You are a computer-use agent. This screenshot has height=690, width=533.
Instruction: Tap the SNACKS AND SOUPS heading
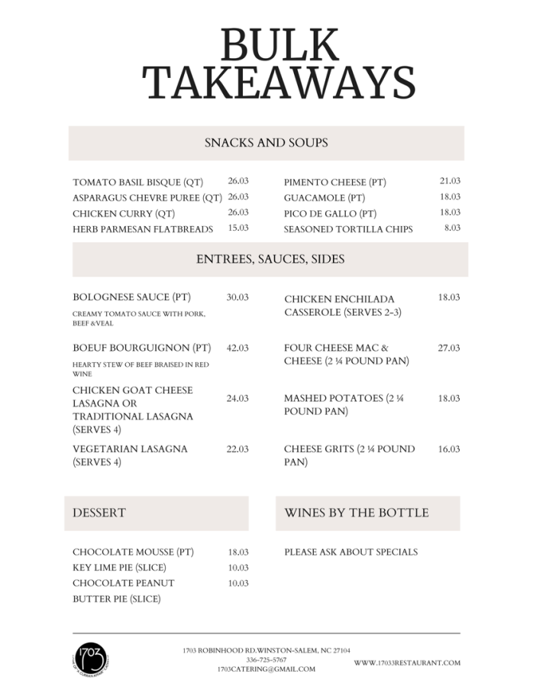(266, 143)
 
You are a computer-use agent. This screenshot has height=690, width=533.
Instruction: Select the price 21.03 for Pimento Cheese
(449, 181)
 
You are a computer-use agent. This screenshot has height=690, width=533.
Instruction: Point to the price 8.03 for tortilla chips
(452, 228)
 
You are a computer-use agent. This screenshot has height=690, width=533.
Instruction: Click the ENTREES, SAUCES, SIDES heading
(270, 259)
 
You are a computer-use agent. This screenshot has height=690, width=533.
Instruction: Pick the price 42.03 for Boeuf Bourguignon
(237, 348)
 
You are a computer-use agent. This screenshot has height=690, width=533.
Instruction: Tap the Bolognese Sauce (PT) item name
(131, 297)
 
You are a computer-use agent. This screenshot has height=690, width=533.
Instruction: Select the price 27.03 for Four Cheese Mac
(448, 348)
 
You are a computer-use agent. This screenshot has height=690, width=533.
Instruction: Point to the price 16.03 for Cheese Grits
(448, 449)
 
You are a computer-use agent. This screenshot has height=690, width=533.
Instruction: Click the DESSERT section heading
(99, 513)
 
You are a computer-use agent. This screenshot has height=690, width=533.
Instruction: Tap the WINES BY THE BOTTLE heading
(357, 513)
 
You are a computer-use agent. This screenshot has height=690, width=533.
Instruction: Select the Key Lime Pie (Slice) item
(119, 568)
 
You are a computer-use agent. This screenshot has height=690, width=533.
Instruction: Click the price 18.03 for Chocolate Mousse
(237, 552)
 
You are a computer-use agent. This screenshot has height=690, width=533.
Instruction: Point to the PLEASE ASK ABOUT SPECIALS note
(350, 552)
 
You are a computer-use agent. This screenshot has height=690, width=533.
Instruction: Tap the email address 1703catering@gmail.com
(266, 669)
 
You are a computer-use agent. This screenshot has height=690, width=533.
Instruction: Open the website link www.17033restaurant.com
(407, 662)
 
